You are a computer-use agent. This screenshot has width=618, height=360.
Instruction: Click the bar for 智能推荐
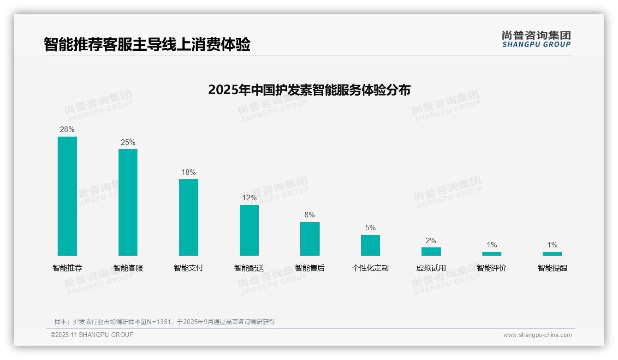(x=67, y=196)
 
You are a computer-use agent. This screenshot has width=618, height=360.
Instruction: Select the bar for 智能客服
(x=128, y=202)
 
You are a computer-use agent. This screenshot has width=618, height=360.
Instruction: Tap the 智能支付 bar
(x=189, y=217)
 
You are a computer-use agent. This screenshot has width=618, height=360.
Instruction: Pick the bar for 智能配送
(x=249, y=230)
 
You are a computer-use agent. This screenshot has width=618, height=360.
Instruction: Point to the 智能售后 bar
(x=309, y=239)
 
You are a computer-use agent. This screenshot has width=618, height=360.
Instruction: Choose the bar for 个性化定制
(x=370, y=245)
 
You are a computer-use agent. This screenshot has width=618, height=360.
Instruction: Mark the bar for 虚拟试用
(x=431, y=252)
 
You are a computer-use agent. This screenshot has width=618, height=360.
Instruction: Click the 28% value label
(x=67, y=130)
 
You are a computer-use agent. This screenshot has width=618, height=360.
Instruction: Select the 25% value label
(x=128, y=143)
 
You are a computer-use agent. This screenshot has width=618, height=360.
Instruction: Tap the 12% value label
(x=249, y=198)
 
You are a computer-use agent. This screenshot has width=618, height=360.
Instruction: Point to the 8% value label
(x=309, y=215)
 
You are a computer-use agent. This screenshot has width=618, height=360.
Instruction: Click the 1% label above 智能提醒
(x=552, y=245)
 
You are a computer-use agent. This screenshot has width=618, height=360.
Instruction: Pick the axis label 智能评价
(x=492, y=268)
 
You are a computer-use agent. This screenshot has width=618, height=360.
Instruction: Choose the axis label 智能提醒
(x=552, y=268)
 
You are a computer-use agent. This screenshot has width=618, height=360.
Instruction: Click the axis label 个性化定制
(x=370, y=268)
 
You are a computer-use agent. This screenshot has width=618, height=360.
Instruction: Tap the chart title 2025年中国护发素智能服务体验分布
(x=309, y=90)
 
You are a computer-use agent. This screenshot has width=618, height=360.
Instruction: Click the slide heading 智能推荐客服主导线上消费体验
(x=147, y=45)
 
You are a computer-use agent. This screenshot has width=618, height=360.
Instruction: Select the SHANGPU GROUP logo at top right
(x=536, y=39)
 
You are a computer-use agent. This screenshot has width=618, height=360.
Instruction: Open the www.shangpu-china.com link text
(x=537, y=335)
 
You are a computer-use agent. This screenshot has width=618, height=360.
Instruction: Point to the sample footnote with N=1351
(x=165, y=322)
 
